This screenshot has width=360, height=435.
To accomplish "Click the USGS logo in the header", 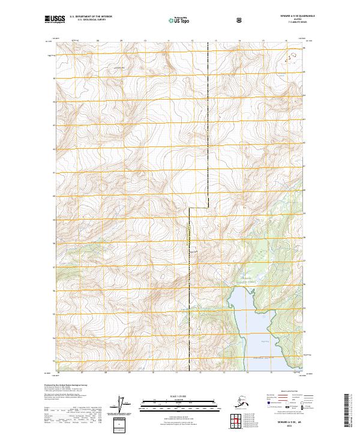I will (x=53, y=20).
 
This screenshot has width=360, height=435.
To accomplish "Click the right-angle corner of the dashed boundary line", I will (x=190, y=208).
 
